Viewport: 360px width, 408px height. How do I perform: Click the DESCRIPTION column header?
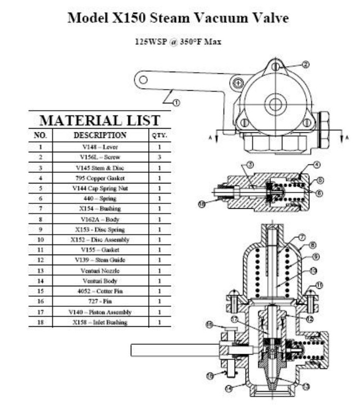[x=100, y=135]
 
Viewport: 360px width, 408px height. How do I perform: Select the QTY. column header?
[x=160, y=135]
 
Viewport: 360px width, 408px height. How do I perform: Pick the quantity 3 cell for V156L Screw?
[x=160, y=157]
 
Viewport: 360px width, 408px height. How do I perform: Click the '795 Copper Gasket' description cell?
[x=100, y=178]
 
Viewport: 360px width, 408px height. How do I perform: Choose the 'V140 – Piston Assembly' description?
[x=100, y=312]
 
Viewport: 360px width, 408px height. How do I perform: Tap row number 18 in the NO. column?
[x=40, y=322]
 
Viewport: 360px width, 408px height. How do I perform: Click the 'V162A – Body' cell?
[x=100, y=219]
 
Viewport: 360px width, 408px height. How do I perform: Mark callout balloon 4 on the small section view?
[x=316, y=165]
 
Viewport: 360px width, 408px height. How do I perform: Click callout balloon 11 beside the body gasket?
[x=320, y=285]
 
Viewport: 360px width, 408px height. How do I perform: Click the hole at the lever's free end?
[x=142, y=80]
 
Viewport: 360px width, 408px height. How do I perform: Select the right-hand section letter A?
[x=345, y=139]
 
